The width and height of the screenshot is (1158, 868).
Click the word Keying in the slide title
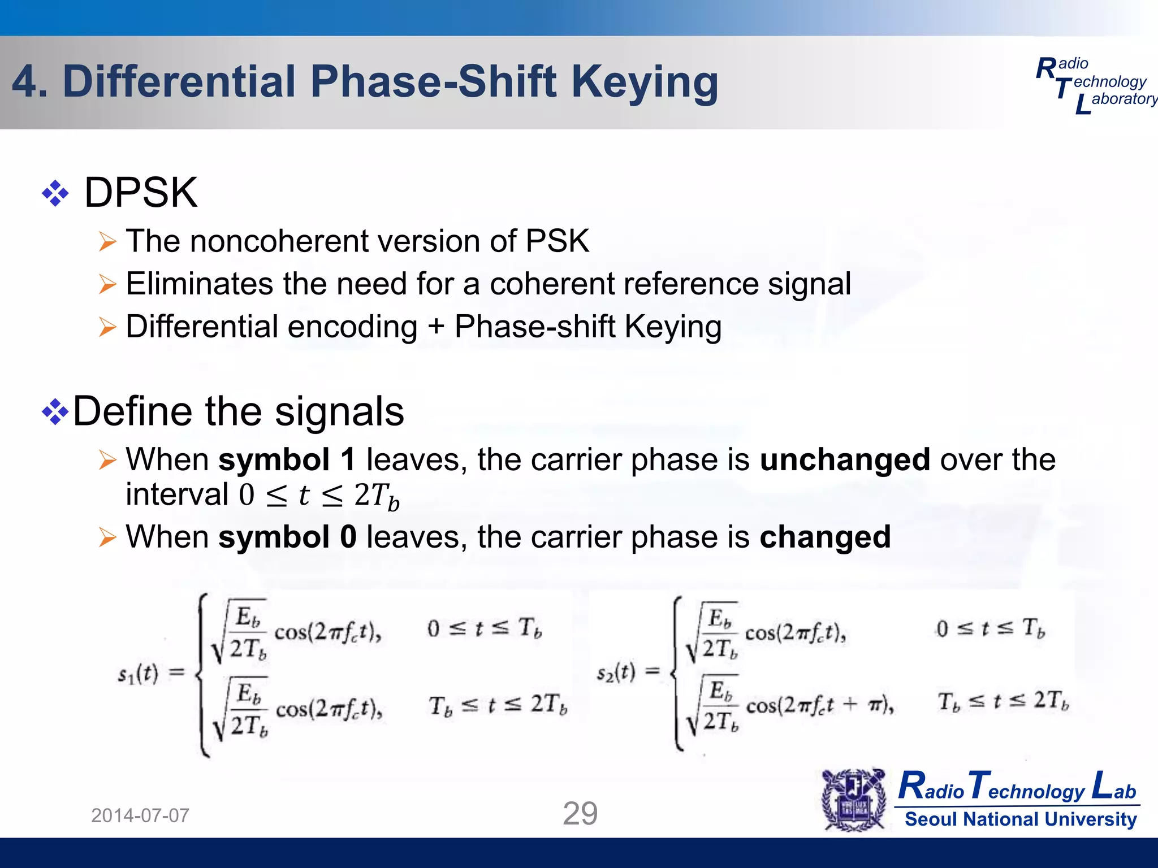[x=645, y=83]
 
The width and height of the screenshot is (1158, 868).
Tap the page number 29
[x=580, y=814]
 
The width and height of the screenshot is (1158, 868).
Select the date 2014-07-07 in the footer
[x=140, y=815]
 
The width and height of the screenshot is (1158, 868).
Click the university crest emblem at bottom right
[x=854, y=800]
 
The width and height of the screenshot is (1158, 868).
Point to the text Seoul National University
[x=1021, y=819]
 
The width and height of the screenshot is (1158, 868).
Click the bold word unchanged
[x=845, y=459]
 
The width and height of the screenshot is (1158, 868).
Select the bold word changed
[x=825, y=537]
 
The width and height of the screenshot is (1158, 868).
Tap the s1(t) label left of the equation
[x=138, y=674]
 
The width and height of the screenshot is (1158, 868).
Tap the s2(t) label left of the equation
[x=616, y=672]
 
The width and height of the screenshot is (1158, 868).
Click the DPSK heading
[x=141, y=193]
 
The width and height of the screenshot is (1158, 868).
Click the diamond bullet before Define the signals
[x=55, y=411]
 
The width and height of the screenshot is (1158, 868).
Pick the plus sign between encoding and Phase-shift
[x=435, y=327]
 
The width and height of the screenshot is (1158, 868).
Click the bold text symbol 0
[x=287, y=537]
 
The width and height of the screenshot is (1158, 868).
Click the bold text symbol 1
[x=287, y=459]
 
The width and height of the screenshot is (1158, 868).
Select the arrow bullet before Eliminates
[x=107, y=284]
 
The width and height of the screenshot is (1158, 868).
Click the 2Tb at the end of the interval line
[x=377, y=496]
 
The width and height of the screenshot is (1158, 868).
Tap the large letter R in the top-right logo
[x=1046, y=70]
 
